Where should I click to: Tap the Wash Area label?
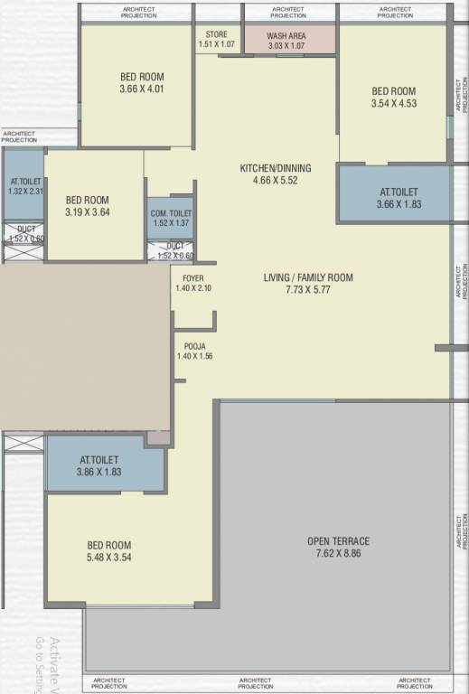(286, 36)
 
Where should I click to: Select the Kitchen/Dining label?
(275, 168)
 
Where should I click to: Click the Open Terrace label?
(338, 541)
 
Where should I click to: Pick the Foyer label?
(192, 277)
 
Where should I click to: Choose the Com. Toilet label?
(171, 212)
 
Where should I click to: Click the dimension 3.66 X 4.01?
(142, 89)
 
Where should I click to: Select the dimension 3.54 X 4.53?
(393, 103)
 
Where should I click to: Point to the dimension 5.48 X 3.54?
(109, 558)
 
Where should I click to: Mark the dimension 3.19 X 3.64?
(88, 212)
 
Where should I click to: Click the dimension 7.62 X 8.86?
(338, 554)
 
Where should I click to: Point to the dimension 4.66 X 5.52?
(275, 180)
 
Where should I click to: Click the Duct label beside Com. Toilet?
(175, 246)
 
